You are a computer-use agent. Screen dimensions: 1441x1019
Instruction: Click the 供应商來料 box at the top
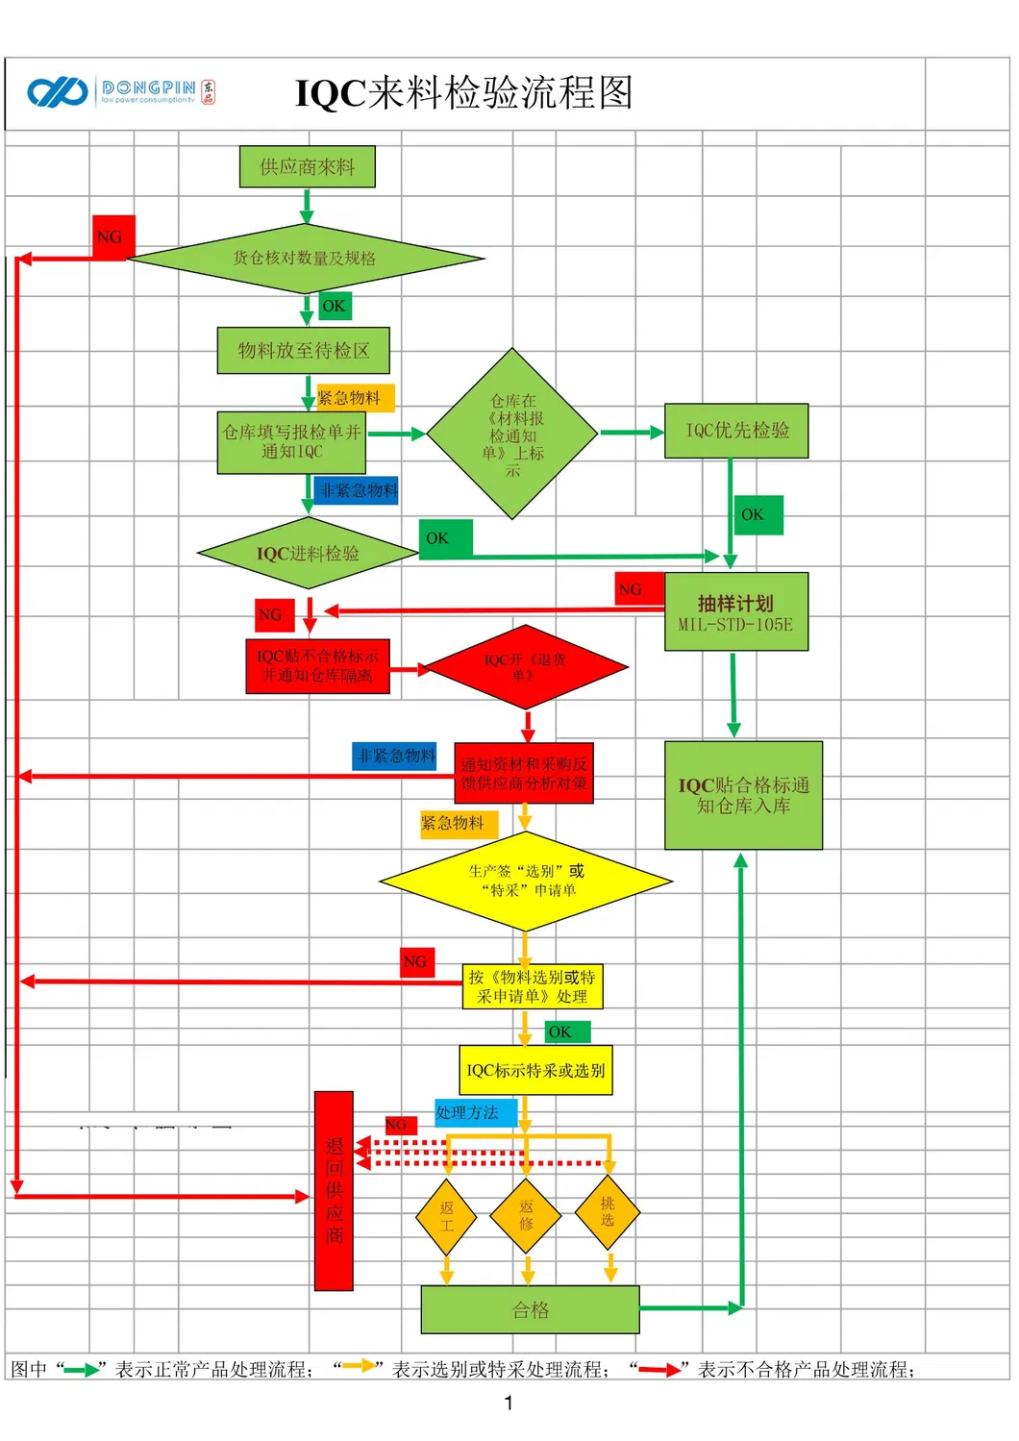pos(307,167)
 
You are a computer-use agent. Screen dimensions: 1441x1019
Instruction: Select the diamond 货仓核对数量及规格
pos(305,258)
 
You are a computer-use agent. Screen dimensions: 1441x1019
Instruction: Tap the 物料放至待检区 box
pos(303,351)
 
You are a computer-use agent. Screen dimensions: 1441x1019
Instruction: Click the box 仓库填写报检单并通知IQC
pos(291,442)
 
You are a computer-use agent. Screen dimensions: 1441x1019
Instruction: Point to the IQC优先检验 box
pos(736,431)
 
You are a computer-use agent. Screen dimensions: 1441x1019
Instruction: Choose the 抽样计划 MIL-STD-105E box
pos(735,612)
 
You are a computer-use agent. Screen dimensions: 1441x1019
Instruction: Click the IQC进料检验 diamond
pos(307,554)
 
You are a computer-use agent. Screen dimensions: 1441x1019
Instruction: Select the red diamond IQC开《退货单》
pos(525,667)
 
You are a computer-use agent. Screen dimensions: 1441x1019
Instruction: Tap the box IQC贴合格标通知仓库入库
pos(743,795)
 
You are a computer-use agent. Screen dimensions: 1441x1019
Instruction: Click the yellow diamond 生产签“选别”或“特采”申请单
pos(525,881)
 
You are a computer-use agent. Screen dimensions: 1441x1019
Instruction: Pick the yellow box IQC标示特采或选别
pos(535,1070)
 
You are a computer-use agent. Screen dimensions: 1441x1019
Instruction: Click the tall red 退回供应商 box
pos(334,1190)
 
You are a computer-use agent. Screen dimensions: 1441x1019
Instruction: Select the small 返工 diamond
pos(446,1216)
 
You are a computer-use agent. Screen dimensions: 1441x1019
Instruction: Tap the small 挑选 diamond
pos(608,1211)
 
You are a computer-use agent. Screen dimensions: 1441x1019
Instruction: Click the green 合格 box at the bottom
pos(530,1309)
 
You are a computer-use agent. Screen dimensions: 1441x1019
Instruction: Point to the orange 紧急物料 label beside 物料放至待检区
pos(354,398)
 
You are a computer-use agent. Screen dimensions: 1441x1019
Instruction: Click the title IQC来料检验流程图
pos(463,93)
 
